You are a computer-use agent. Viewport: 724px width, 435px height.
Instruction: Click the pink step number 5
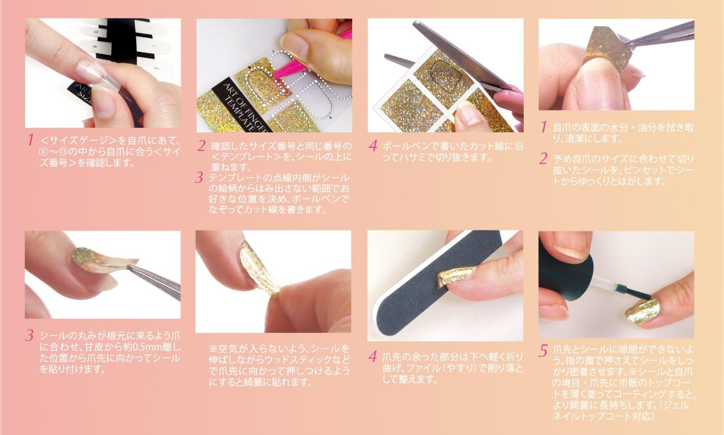[543, 350]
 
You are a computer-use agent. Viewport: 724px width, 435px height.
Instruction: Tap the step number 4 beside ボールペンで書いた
[373, 146]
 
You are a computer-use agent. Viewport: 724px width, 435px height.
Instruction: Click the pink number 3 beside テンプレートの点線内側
[200, 177]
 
